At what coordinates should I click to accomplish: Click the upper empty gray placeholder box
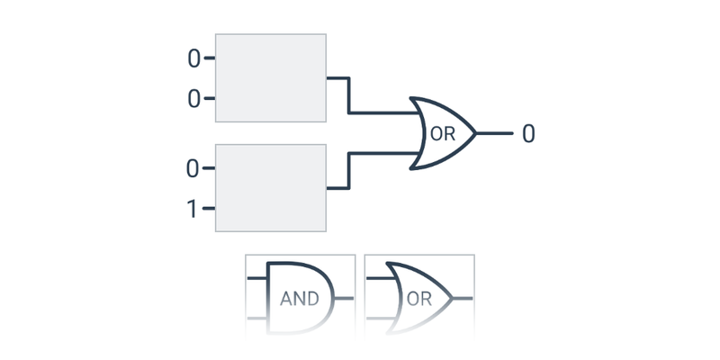pos(270,77)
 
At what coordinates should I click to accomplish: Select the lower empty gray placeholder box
pos(270,188)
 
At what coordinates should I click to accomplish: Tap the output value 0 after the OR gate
pos(528,134)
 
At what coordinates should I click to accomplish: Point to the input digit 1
pos(192,210)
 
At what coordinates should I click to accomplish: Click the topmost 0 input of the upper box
pos(193,59)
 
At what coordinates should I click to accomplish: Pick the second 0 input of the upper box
pos(193,99)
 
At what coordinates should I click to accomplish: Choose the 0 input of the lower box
pos(193,168)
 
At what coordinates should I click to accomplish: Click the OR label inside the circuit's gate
pos(442,135)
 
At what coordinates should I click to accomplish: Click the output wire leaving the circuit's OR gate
pos(494,133)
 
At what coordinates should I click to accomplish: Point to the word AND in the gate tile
pos(300,299)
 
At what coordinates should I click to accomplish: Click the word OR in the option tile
pos(419,299)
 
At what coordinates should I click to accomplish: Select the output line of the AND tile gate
pos(345,297)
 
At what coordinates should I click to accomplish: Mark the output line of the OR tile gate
pos(462,297)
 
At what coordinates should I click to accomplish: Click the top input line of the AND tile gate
pos(257,278)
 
